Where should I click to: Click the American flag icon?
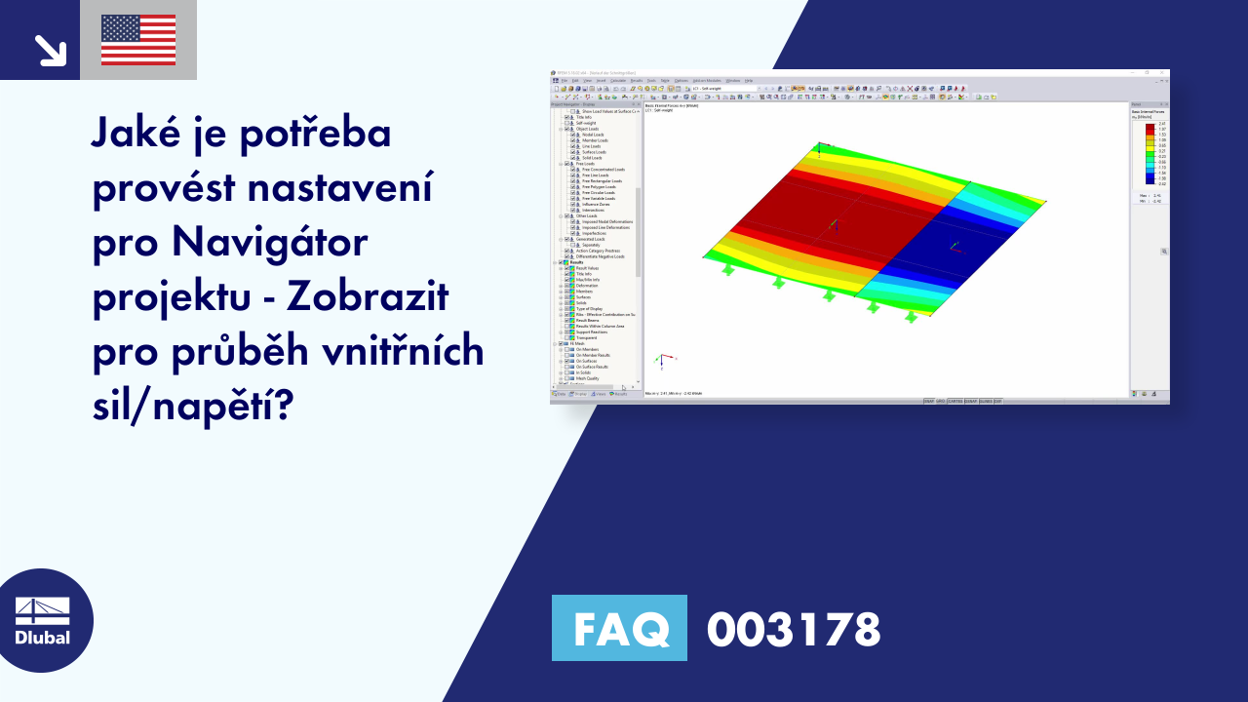(138, 40)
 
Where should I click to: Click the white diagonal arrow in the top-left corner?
(49, 49)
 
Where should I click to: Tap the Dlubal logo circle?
(42, 620)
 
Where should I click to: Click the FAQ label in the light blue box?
(619, 629)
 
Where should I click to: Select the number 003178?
(794, 629)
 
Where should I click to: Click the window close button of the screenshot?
(1163, 72)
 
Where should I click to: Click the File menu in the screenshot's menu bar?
(564, 80)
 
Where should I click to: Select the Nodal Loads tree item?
(592, 135)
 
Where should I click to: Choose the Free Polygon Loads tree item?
(597, 186)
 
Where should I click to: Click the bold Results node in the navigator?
(576, 262)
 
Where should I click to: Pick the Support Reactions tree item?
(592, 332)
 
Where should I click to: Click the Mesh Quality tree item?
(588, 377)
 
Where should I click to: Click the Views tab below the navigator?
(601, 394)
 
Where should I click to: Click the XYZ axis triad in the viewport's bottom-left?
(663, 361)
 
